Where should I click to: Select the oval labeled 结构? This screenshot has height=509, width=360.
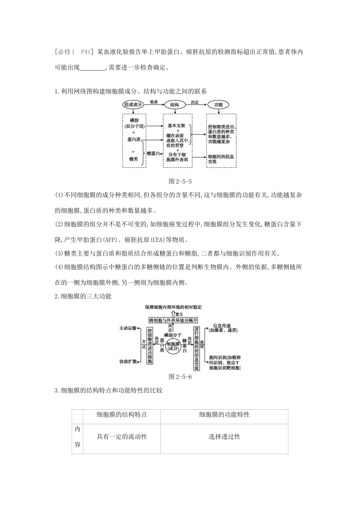[175, 105]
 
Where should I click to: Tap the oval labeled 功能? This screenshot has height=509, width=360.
[219, 105]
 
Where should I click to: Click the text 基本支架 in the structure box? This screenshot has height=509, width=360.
[176, 125]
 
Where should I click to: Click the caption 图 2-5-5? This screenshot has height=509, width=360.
[180, 181]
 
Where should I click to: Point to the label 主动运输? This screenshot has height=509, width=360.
[127, 328]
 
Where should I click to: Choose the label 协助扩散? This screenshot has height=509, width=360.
[128, 362]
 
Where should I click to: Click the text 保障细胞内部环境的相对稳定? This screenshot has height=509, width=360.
[174, 307]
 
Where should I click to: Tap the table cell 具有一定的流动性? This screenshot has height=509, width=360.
[122, 437]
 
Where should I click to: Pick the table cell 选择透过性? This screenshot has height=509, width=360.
[224, 437]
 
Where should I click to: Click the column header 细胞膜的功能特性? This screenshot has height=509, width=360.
[224, 415]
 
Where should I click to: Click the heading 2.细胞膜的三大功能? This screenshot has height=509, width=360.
[83, 297]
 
